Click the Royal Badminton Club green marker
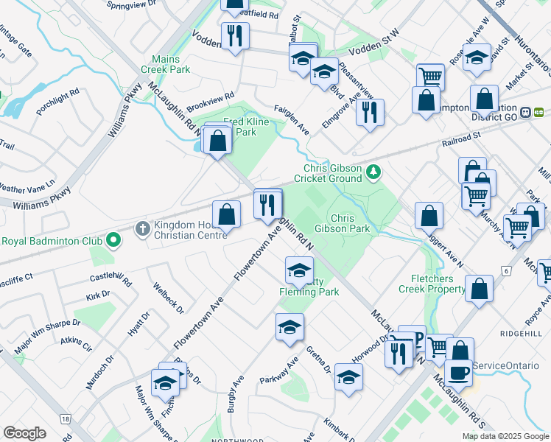(113, 240)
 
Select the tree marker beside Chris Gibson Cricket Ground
(375, 172)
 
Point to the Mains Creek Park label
(170, 64)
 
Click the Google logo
(24, 432)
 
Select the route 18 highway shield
(66, 418)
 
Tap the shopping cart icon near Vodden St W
(430, 76)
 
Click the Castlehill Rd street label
(110, 281)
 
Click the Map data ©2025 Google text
(505, 436)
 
